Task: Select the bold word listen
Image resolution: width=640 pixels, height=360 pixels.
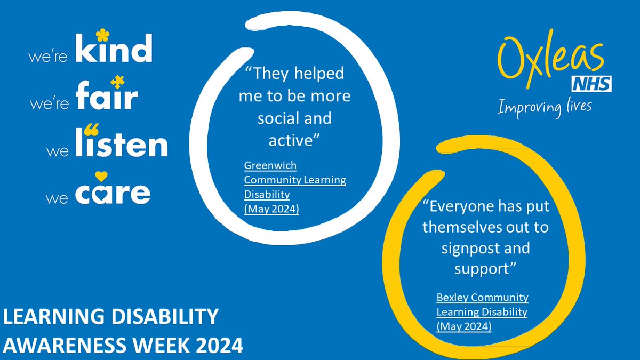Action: click(122, 145)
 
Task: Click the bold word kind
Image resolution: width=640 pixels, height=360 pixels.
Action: click(114, 52)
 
